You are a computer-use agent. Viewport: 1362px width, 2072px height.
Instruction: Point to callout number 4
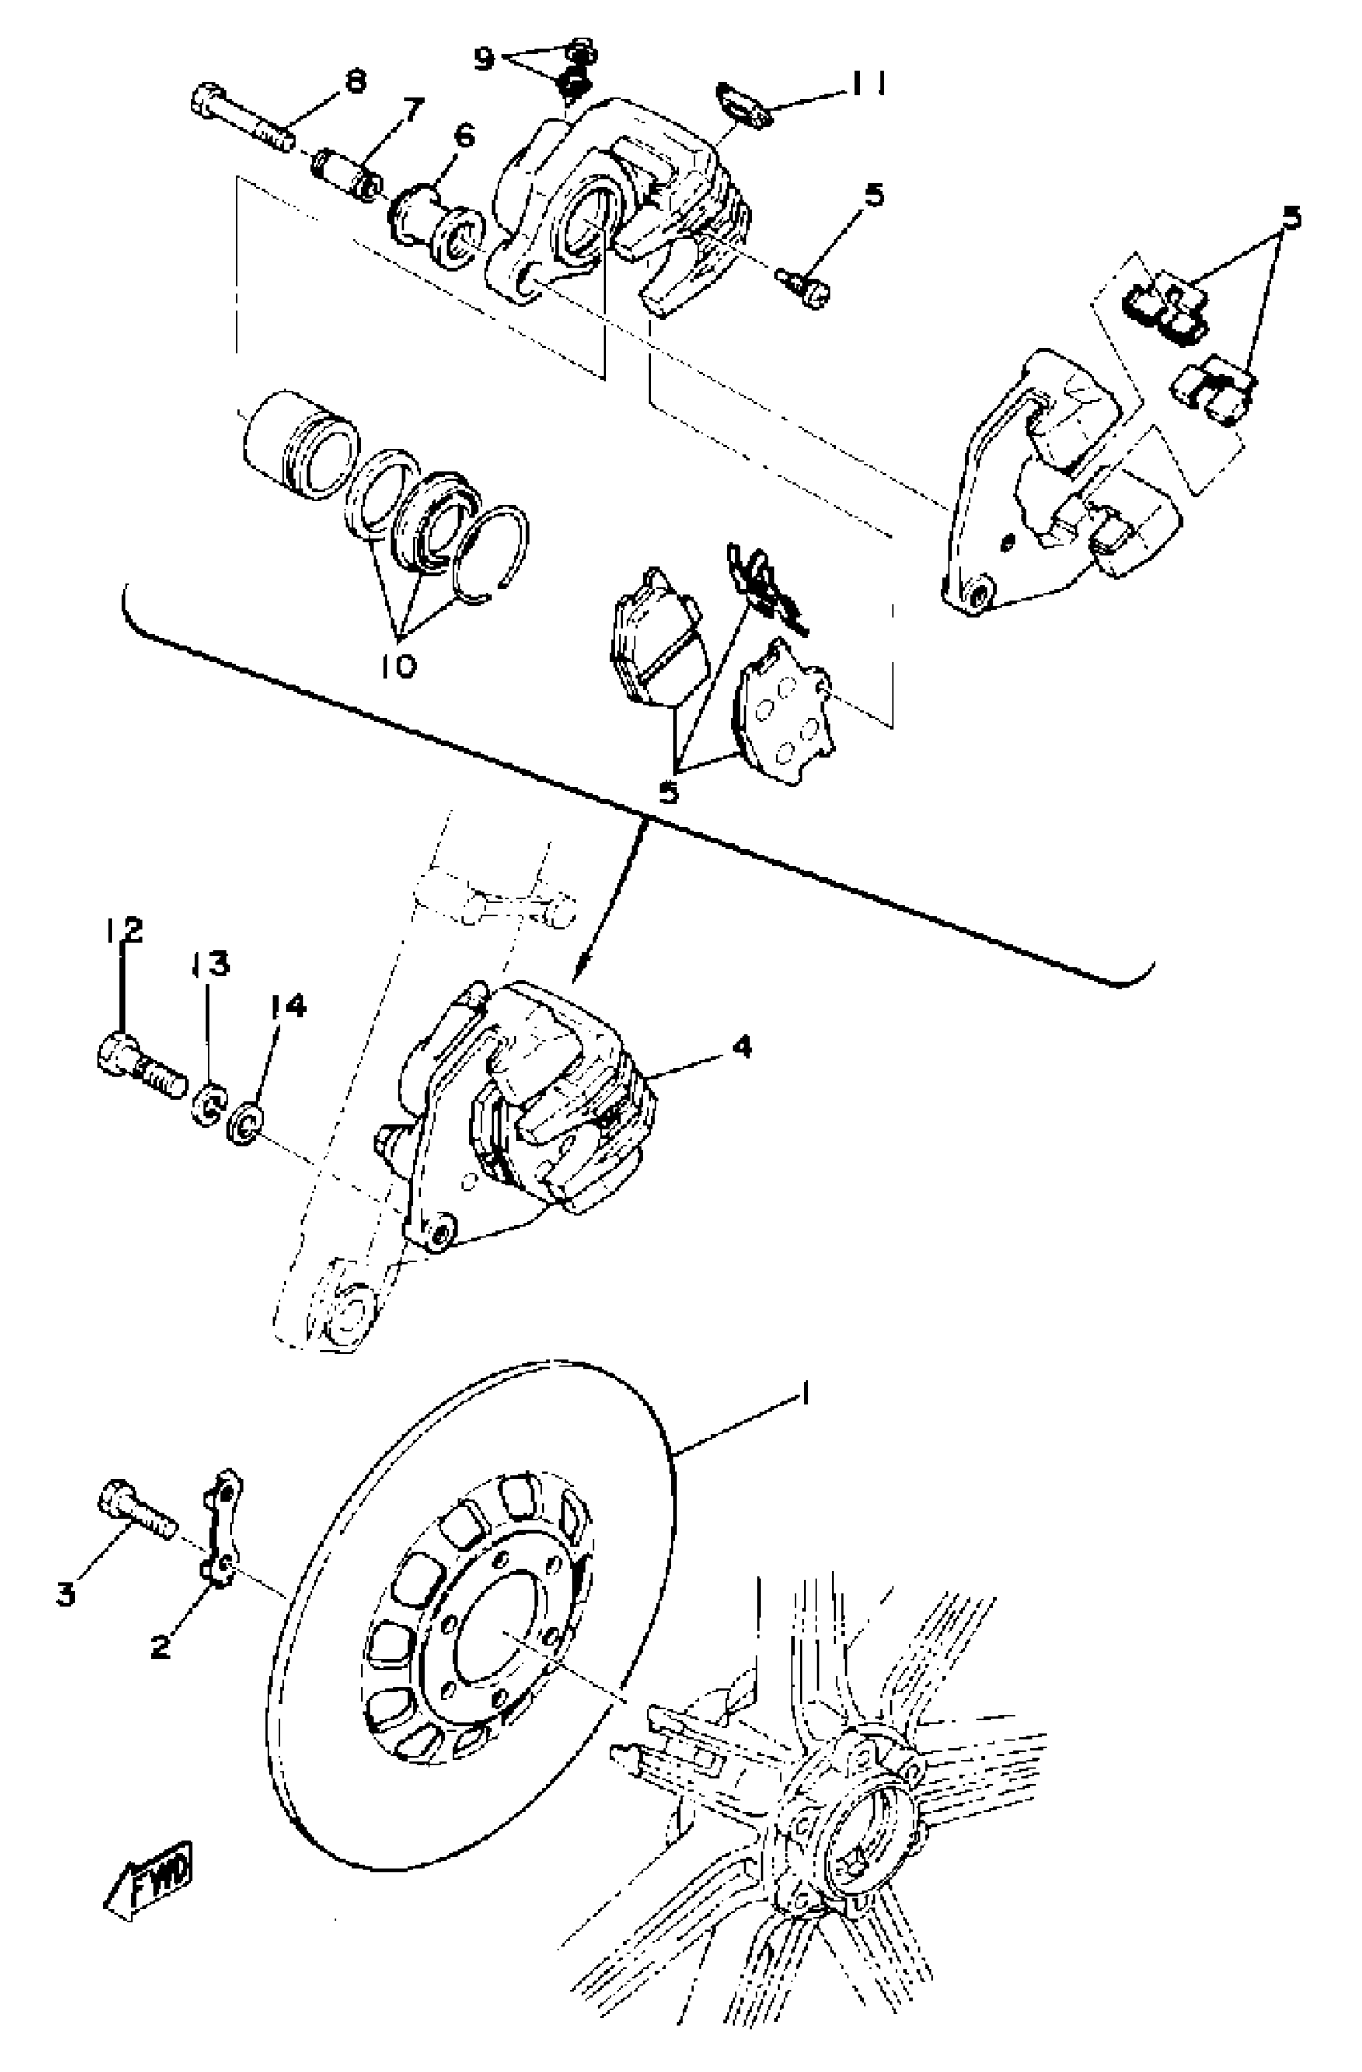coord(741,1048)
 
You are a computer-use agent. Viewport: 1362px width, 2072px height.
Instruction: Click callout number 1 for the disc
coord(805,1398)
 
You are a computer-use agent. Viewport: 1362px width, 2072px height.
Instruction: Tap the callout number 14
coord(288,1008)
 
